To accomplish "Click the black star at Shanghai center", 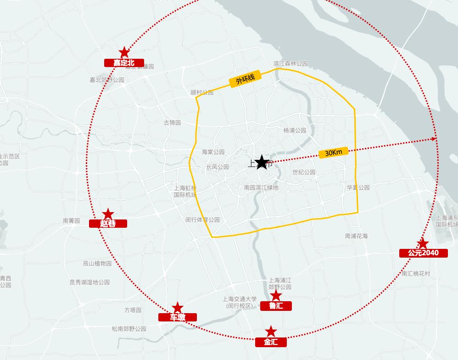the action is pos(262,162).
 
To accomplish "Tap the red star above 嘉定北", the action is pos(124,52).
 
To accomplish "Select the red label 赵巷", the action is pos(108,224).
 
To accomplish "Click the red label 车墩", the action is pos(178,317).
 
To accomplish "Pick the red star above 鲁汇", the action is pos(276,295).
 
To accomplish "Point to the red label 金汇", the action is pos(271,342).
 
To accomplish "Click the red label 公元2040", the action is pos(423,253).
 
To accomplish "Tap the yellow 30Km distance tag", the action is pos(334,153).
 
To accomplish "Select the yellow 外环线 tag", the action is pos(246,80).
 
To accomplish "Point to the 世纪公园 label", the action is pos(304,172).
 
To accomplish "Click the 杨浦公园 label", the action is pos(295,130).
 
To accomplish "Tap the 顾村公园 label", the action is pos(202,92).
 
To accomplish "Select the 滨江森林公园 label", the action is pos(290,64).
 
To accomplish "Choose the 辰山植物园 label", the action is pos(97,264).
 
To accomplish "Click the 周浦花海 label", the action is pos(357,236).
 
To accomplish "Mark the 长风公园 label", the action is pos(218,167).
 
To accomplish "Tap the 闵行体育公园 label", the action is pos(202,220).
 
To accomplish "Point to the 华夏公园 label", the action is pos(358,188).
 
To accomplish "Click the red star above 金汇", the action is pos(271,331).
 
